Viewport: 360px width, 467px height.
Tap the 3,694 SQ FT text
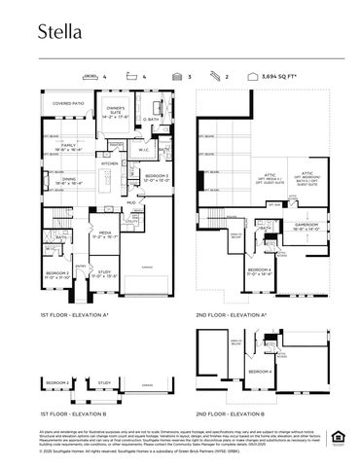[x=282, y=74]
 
